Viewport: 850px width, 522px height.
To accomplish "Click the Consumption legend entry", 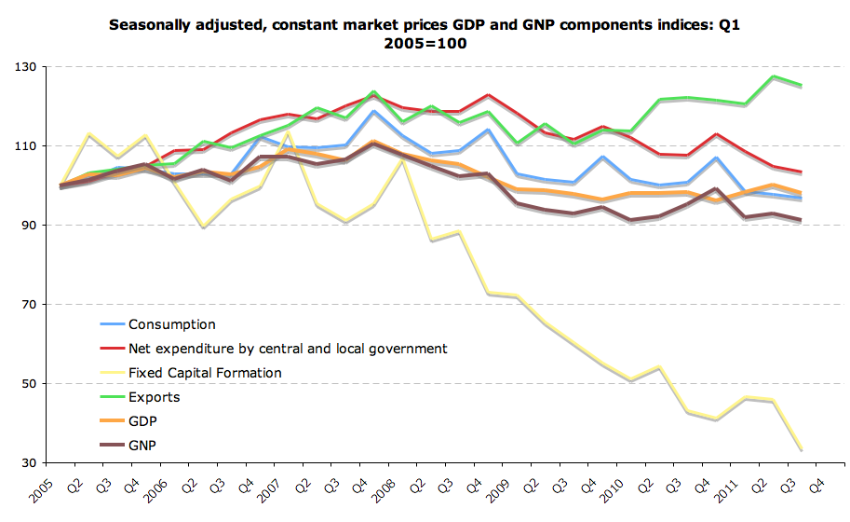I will coord(171,324).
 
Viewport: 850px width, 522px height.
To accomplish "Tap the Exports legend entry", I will coord(154,397).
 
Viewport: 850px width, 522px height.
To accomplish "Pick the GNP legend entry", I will coord(142,446).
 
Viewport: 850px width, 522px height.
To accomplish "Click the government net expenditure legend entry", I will coord(287,349).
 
